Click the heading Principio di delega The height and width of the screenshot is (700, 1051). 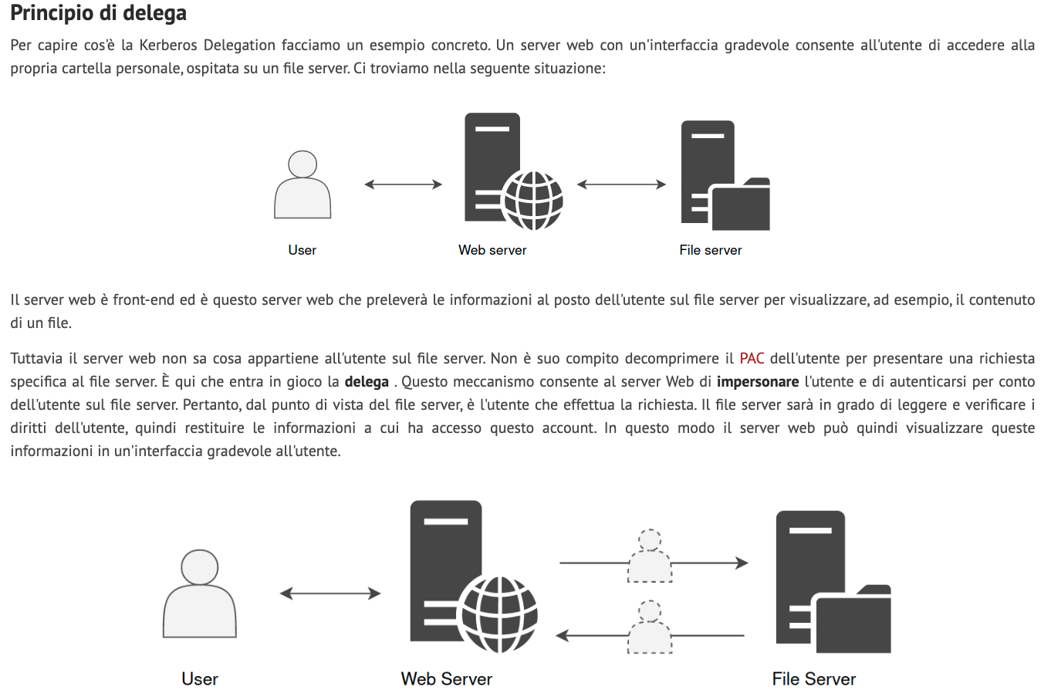[98, 14]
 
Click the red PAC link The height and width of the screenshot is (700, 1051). [752, 358]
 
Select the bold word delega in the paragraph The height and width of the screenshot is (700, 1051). [367, 381]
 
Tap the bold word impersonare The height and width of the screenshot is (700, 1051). [757, 381]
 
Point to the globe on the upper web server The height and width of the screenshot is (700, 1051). [532, 200]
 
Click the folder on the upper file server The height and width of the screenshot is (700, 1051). [740, 206]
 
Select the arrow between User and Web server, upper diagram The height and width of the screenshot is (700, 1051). [403, 184]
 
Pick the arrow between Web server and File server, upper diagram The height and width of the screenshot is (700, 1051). [621, 184]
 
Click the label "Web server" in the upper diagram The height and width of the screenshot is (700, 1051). [492, 250]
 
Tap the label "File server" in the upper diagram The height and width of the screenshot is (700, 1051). [710, 250]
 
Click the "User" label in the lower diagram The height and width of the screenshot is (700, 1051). [200, 679]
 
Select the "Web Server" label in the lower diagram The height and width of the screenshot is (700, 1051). [446, 679]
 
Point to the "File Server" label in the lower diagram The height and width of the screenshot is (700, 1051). [814, 679]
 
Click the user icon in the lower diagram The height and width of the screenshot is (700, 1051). [200, 594]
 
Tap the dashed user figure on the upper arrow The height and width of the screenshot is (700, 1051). [650, 557]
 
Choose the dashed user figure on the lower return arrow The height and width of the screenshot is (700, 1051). [650, 628]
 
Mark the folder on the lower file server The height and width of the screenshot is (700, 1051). [853, 621]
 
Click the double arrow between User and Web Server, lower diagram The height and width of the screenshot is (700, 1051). [330, 593]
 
